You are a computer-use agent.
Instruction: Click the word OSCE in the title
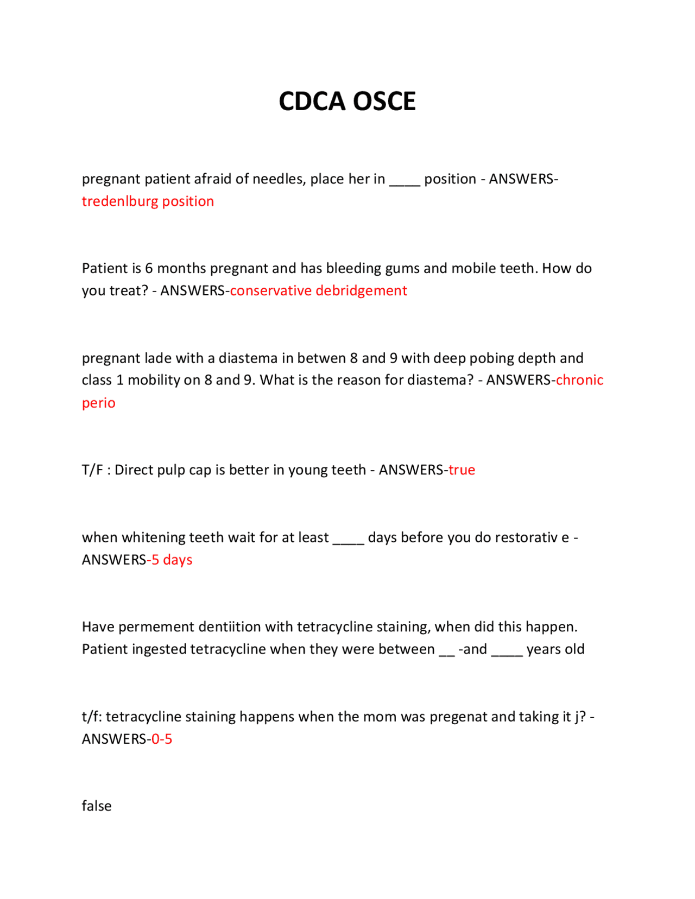(x=384, y=102)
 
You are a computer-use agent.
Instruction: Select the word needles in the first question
(x=279, y=179)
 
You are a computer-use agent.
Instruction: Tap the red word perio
(x=98, y=403)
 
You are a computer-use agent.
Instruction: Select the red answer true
(x=462, y=470)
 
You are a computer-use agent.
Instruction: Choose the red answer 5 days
(x=172, y=560)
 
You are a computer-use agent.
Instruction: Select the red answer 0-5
(x=162, y=739)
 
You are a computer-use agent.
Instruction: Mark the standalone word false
(x=97, y=806)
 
